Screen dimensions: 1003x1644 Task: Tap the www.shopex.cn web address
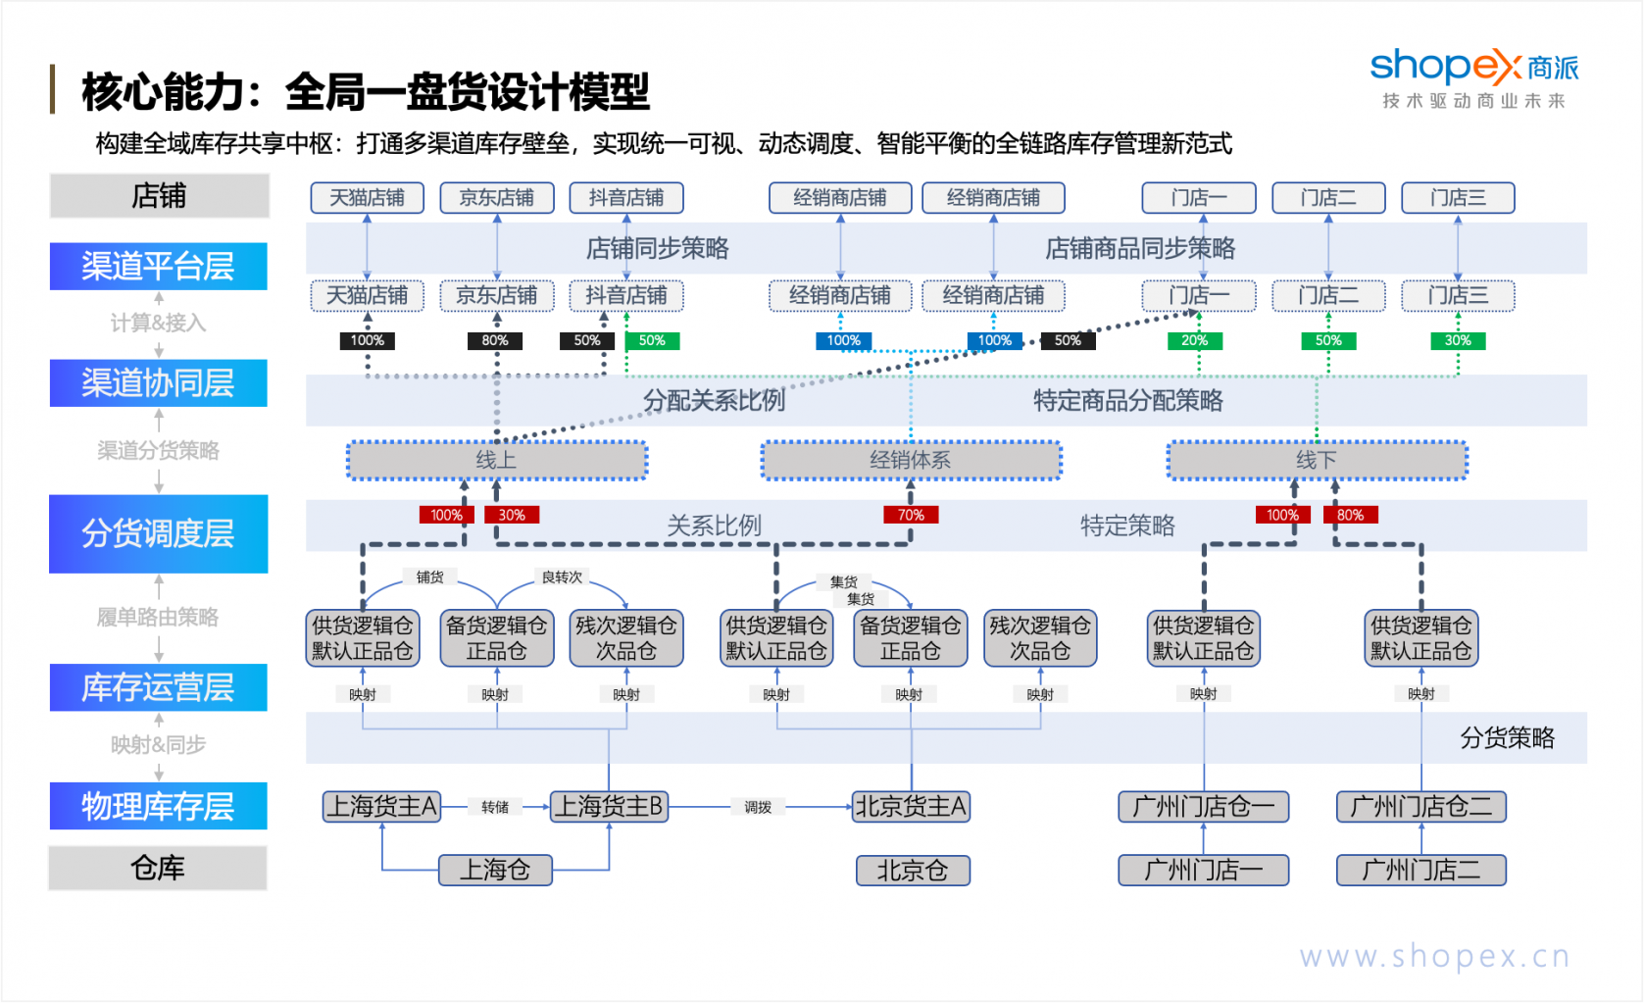tap(1434, 956)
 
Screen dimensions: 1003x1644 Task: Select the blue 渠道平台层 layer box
tap(158, 266)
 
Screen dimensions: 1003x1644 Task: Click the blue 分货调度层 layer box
tap(158, 533)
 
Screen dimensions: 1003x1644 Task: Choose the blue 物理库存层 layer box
tap(158, 806)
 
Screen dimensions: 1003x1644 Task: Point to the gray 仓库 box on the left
tap(158, 868)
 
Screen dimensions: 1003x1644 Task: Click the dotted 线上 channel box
tap(497, 460)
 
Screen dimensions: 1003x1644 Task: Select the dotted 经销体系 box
tap(911, 460)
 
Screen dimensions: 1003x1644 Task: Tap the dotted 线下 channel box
tap(1317, 460)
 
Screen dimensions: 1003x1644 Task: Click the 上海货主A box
tap(382, 807)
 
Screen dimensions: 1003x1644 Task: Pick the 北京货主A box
tap(911, 807)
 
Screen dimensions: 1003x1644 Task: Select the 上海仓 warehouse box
tap(495, 870)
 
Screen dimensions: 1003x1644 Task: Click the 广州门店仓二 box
tap(1420, 807)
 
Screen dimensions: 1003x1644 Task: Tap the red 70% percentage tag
tap(911, 515)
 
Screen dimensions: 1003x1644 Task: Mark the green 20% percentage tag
tap(1194, 340)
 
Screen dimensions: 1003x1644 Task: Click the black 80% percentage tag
tap(495, 340)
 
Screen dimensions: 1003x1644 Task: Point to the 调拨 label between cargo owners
tap(758, 807)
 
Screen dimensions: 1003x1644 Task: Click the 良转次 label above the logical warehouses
tap(562, 577)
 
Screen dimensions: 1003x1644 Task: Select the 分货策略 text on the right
tap(1507, 738)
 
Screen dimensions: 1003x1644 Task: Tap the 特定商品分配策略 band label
tap(1127, 400)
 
